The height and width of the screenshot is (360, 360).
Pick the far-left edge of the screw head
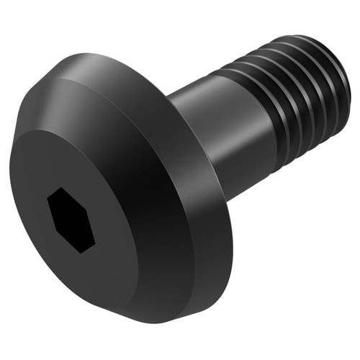tap(10, 180)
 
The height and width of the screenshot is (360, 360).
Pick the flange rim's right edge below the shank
tap(232, 238)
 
